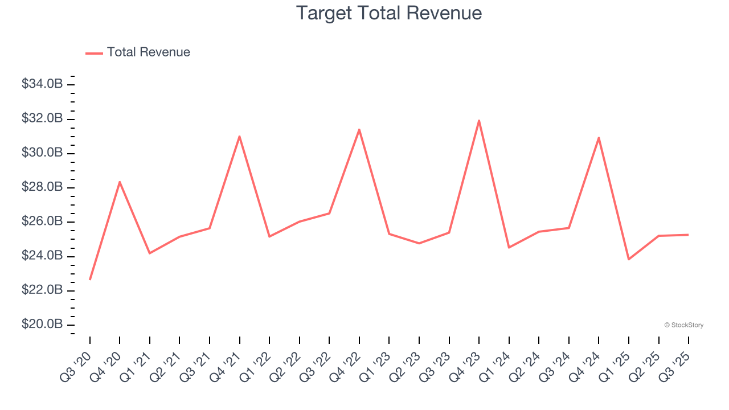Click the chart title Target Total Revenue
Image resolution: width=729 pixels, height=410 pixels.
pos(389,13)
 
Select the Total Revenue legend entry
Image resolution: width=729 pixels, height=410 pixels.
pos(138,52)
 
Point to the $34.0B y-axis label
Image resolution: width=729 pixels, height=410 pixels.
pos(42,84)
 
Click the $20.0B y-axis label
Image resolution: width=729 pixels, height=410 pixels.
pos(42,325)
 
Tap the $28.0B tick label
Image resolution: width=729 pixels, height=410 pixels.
pos(42,187)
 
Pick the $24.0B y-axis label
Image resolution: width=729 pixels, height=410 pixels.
pos(42,256)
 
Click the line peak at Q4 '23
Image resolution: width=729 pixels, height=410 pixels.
pos(479,120)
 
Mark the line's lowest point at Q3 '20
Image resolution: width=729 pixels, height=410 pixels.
pos(90,280)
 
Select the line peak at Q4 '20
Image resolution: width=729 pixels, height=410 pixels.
pos(120,182)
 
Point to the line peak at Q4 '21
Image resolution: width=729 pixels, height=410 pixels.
pos(240,136)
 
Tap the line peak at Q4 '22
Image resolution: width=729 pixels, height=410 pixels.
pos(359,129)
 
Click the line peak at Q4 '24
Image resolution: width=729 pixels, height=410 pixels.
pos(599,137)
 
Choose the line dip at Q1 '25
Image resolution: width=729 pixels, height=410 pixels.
pos(629,260)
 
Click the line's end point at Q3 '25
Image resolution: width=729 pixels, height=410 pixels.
pos(688,235)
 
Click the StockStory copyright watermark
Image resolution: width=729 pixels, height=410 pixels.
pos(683,325)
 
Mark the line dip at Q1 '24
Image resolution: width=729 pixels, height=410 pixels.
pos(509,247)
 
